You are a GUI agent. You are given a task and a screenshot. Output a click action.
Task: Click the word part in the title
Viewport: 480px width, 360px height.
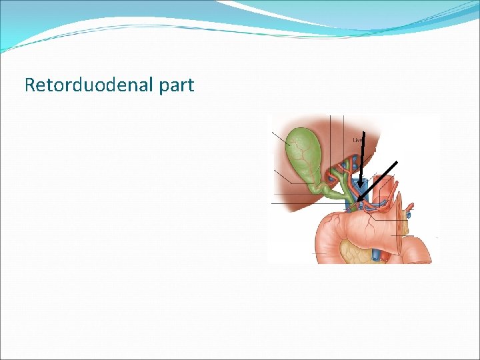pos(177,85)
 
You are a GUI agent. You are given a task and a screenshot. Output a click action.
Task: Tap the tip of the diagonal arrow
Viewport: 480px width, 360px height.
pos(358,200)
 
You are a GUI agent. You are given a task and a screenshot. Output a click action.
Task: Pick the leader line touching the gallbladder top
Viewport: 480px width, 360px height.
pos(279,137)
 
